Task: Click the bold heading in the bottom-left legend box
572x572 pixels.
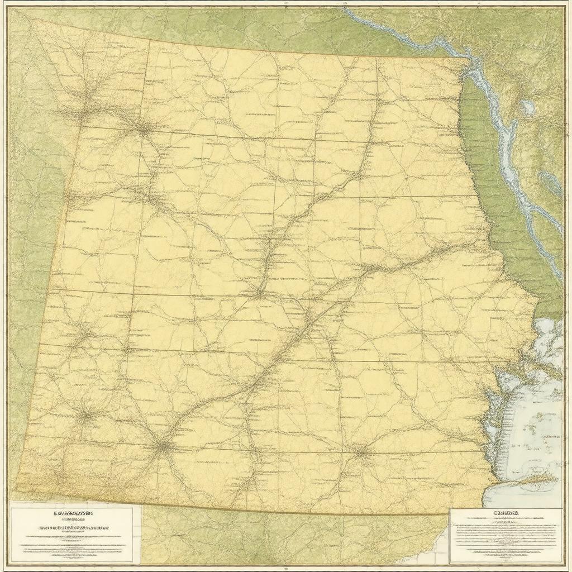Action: click(x=73, y=512)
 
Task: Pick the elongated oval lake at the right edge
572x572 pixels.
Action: click(x=550, y=183)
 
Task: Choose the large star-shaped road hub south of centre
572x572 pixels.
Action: click(x=162, y=445)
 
